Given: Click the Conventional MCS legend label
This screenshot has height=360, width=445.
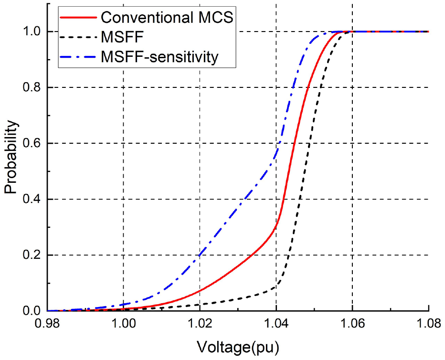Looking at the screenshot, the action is [x=167, y=17].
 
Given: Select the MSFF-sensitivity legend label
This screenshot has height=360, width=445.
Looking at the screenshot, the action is [x=160, y=57].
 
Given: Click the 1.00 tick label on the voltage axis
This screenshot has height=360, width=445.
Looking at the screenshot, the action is [x=124, y=324].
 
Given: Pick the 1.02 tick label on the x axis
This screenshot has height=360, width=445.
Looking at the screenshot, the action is [x=200, y=324].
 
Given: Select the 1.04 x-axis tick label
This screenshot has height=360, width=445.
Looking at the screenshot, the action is [x=276, y=324].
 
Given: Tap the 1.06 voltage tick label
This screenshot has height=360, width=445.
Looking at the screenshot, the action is [x=352, y=324].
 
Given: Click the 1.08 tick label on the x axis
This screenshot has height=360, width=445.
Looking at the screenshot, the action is [x=429, y=324].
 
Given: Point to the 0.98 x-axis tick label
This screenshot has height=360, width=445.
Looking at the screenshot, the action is [x=47, y=324].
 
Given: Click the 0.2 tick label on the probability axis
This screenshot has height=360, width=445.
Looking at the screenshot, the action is [x=32, y=255].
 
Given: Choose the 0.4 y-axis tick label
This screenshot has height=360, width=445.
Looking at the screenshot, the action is [x=32, y=199].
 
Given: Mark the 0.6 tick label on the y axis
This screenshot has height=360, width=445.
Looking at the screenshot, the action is [x=32, y=143].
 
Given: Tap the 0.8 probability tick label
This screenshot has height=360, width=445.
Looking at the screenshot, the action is [x=32, y=87].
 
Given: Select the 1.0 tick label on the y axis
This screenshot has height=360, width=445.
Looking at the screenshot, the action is [x=32, y=32].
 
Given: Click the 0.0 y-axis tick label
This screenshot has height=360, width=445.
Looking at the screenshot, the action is [x=32, y=311].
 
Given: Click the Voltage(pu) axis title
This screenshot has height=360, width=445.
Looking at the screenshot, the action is [x=238, y=347].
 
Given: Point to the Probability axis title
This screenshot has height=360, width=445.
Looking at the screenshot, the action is [x=11, y=157].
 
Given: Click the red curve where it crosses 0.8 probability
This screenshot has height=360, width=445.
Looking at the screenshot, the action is [x=307, y=87].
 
